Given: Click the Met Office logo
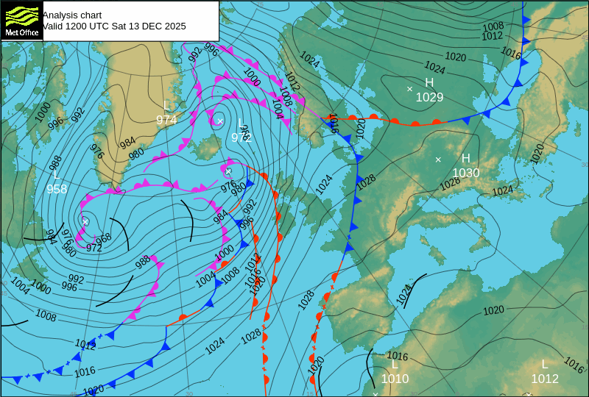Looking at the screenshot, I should coord(21,21).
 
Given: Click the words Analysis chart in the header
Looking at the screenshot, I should coord(72,15).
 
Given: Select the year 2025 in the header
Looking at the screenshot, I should coord(174,26).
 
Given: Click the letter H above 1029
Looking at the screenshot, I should coord(429,83).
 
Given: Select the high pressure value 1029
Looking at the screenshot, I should coord(429,97).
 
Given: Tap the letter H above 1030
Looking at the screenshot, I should coord(465,159).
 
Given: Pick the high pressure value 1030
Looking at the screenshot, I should coord(465,173).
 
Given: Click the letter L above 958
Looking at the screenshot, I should coord(56,175).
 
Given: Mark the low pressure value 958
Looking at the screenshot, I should coord(57,189).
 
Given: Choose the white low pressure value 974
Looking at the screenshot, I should coord(166,120).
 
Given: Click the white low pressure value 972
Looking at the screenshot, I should coord(241,137).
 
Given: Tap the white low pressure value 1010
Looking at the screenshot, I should coord(395,379).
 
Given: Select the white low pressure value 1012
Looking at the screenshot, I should coord(545,379).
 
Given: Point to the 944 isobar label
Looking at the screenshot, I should coord(50,237).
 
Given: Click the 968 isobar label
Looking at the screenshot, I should coord(104,237).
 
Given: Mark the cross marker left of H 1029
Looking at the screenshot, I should coord(410,89).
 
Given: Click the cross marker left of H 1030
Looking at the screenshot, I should coord(438,160).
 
